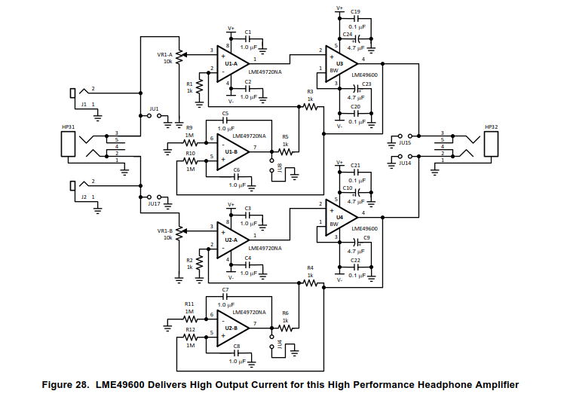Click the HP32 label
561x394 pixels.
pyautogui.click(x=492, y=127)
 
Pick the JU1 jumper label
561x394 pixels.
pyautogui.click(x=155, y=108)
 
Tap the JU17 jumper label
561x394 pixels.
pyautogui.click(x=155, y=203)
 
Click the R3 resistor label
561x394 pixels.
pyautogui.click(x=310, y=91)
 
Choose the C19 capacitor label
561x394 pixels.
pyautogui.click(x=355, y=11)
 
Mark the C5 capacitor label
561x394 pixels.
pyautogui.click(x=225, y=112)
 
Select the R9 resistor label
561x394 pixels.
pyautogui.click(x=189, y=127)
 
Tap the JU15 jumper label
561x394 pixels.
pyautogui.click(x=405, y=142)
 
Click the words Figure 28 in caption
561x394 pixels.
pyautogui.click(x=67, y=385)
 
